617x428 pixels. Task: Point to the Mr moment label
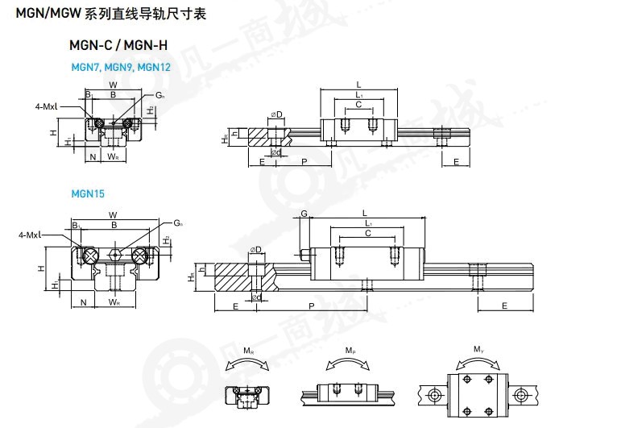click(247, 351)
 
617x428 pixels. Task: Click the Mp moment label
click(350, 351)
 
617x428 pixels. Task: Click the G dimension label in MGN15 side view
click(304, 214)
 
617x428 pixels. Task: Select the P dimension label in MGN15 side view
click(311, 306)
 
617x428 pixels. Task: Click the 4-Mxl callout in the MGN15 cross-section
click(30, 235)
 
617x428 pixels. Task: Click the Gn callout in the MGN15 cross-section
click(177, 222)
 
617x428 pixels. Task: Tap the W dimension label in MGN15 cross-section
click(113, 214)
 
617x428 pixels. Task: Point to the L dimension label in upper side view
click(358, 84)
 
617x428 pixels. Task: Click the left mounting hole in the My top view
click(434, 394)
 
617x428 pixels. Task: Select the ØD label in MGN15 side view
click(256, 249)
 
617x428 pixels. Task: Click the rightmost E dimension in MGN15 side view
click(504, 306)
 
